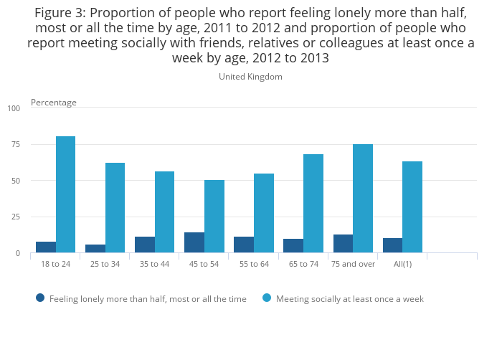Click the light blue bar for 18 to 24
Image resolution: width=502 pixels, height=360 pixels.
66,194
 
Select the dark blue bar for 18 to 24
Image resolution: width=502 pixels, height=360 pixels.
46,247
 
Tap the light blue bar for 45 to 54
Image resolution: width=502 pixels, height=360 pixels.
214,217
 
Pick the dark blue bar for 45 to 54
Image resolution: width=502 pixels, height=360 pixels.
194,242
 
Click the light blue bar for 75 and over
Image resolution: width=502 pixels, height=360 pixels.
363,199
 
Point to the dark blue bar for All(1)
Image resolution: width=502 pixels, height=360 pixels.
392,245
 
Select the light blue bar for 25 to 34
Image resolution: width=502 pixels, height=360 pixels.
115,208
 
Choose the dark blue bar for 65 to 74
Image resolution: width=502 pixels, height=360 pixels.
293,246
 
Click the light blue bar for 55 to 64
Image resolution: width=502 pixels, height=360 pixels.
264,213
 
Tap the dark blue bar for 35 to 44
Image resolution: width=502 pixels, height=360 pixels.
145,245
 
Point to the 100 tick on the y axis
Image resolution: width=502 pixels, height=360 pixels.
14,108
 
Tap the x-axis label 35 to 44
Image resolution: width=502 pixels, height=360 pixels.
154,264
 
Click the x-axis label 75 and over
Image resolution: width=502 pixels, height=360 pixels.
353,264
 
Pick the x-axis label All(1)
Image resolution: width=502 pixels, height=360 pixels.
402,264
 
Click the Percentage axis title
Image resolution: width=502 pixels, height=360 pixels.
54,103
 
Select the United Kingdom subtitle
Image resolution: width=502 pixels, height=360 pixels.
250,77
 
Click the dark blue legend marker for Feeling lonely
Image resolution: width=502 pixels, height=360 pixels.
40,298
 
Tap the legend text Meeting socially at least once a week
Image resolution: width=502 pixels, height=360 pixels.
350,299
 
